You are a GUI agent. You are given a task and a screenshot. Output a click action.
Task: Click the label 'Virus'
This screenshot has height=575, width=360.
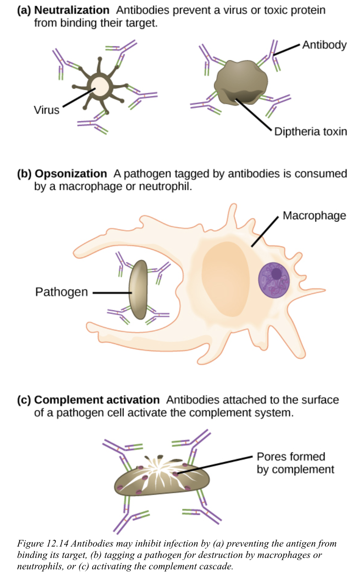(46, 110)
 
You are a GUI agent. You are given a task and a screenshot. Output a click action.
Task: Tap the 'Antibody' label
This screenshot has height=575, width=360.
(324, 45)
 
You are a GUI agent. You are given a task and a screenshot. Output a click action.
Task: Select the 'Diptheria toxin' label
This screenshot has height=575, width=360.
(310, 132)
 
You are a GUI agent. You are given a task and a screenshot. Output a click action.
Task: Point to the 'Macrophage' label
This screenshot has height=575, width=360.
(314, 216)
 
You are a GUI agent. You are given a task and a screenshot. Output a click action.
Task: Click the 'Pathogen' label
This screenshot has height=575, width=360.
(61, 292)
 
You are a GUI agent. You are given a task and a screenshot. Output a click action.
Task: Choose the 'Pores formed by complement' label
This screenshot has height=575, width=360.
(295, 463)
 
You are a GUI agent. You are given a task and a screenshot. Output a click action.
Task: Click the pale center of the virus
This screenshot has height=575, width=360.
(99, 86)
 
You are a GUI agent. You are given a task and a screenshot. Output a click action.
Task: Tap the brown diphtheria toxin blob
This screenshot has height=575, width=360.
(241, 82)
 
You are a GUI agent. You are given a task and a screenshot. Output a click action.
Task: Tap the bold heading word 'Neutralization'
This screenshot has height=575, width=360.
(72, 10)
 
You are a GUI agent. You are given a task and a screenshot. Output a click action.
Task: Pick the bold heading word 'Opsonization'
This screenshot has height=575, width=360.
(71, 174)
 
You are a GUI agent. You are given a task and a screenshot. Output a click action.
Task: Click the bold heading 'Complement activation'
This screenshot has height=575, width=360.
(97, 400)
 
